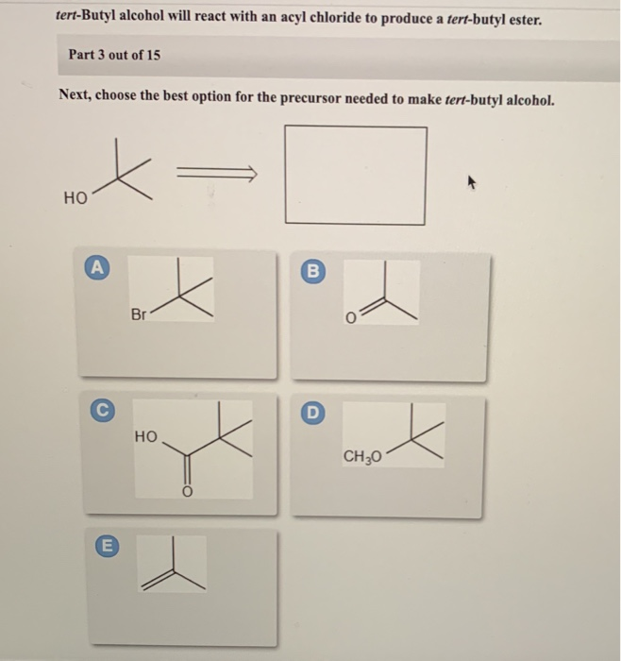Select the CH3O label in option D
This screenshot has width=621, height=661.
point(361,458)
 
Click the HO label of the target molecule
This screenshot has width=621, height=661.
point(75,199)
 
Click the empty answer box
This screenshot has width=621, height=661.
point(356,175)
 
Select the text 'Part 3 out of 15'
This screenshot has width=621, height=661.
point(114,55)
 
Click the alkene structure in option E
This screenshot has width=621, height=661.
point(173,567)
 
